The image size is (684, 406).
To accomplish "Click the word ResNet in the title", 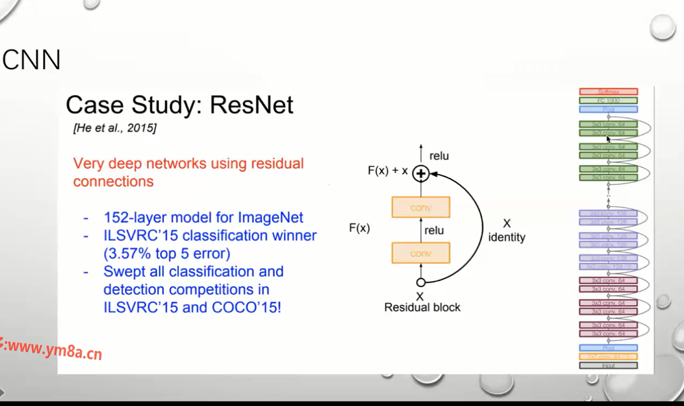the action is [x=251, y=105].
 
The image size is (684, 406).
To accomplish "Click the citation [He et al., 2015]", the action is [x=115, y=128].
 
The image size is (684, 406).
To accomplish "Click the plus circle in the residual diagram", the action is [x=421, y=173].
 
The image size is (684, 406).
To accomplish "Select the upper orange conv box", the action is [x=421, y=207].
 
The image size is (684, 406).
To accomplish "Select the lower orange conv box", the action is [x=421, y=253].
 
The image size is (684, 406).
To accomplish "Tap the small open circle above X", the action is [x=421, y=282].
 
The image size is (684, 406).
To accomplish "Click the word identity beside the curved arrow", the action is [x=506, y=238].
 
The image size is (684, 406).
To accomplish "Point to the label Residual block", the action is [x=422, y=307].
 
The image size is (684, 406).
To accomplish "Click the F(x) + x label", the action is [x=388, y=171].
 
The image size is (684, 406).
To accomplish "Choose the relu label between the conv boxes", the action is [x=434, y=230].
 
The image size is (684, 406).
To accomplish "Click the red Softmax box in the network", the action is [x=608, y=92].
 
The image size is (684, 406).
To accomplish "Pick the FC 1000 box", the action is [x=608, y=100].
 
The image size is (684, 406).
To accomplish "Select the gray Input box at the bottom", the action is [x=608, y=365].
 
